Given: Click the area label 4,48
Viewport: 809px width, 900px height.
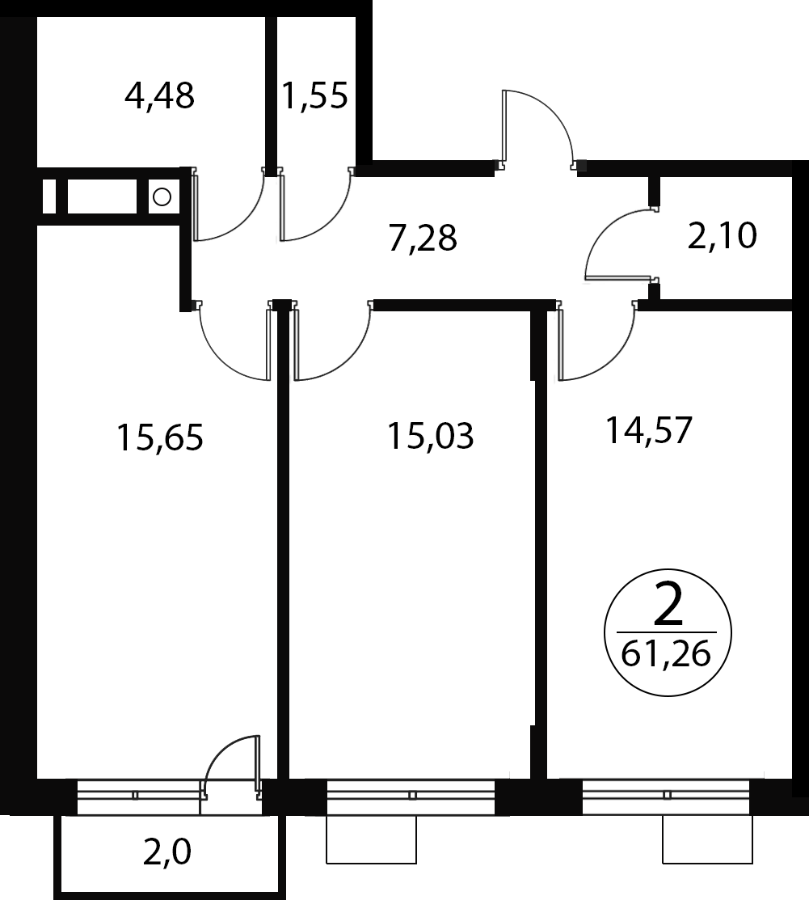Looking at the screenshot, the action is (x=159, y=96).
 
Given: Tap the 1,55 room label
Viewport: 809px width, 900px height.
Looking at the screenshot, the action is (x=315, y=95).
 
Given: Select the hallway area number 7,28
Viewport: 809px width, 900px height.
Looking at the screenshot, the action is (x=423, y=239).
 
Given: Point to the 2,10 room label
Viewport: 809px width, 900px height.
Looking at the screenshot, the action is (x=723, y=236).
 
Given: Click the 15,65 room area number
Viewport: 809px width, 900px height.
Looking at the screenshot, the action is (x=160, y=437).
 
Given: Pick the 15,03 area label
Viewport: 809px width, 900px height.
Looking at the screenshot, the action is (x=431, y=436).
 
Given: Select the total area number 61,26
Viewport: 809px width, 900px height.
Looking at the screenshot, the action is (x=666, y=653).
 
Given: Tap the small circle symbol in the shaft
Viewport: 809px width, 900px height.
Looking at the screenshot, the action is (x=162, y=197).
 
